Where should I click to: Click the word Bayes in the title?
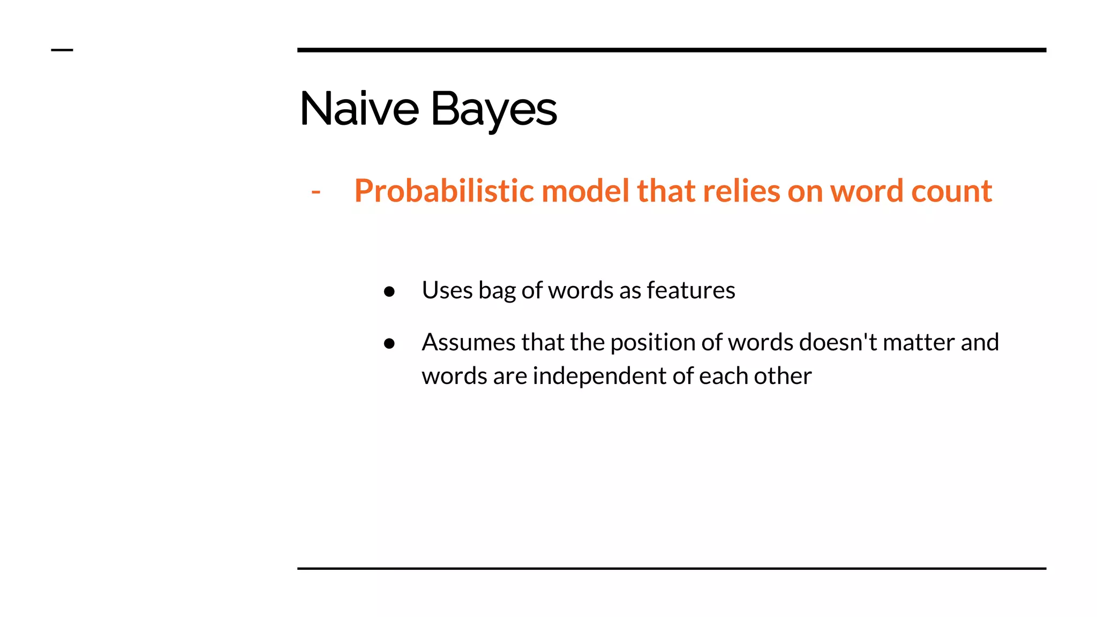tap(493, 109)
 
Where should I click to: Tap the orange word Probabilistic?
tap(444, 191)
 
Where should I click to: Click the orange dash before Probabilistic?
tap(316, 192)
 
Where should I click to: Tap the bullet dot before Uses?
tap(389, 291)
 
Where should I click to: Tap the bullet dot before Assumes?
tap(389, 343)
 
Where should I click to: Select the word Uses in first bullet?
tap(447, 290)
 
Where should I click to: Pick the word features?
tap(691, 290)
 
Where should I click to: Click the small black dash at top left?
tap(62, 50)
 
